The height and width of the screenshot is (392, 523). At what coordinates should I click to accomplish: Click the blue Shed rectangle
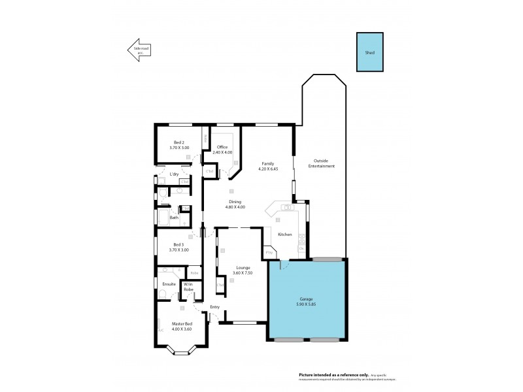tap(370, 52)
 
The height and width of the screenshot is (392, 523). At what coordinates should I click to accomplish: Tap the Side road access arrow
tap(139, 50)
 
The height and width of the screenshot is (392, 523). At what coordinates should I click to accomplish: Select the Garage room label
tap(307, 299)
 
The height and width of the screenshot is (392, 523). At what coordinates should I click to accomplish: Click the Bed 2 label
tap(179, 142)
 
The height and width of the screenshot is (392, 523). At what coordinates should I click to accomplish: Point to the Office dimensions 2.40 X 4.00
tap(224, 152)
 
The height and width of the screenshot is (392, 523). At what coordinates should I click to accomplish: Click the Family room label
tap(267, 163)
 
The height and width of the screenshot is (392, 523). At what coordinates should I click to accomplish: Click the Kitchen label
tap(284, 234)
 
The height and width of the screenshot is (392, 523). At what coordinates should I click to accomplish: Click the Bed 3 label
tap(179, 244)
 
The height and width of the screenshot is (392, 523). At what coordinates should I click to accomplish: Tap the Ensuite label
tap(169, 284)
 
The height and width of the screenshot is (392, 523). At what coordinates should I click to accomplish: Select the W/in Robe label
tap(188, 286)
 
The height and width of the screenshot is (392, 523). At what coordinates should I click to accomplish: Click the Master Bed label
tap(182, 323)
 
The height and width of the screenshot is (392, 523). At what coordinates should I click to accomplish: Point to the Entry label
tap(214, 306)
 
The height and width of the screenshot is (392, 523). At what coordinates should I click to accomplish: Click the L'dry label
tap(174, 174)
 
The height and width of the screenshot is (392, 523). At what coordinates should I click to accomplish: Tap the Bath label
tap(174, 218)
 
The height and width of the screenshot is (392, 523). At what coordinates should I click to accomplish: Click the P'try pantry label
tap(268, 252)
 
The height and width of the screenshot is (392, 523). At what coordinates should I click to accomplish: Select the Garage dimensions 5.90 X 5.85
tap(307, 304)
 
